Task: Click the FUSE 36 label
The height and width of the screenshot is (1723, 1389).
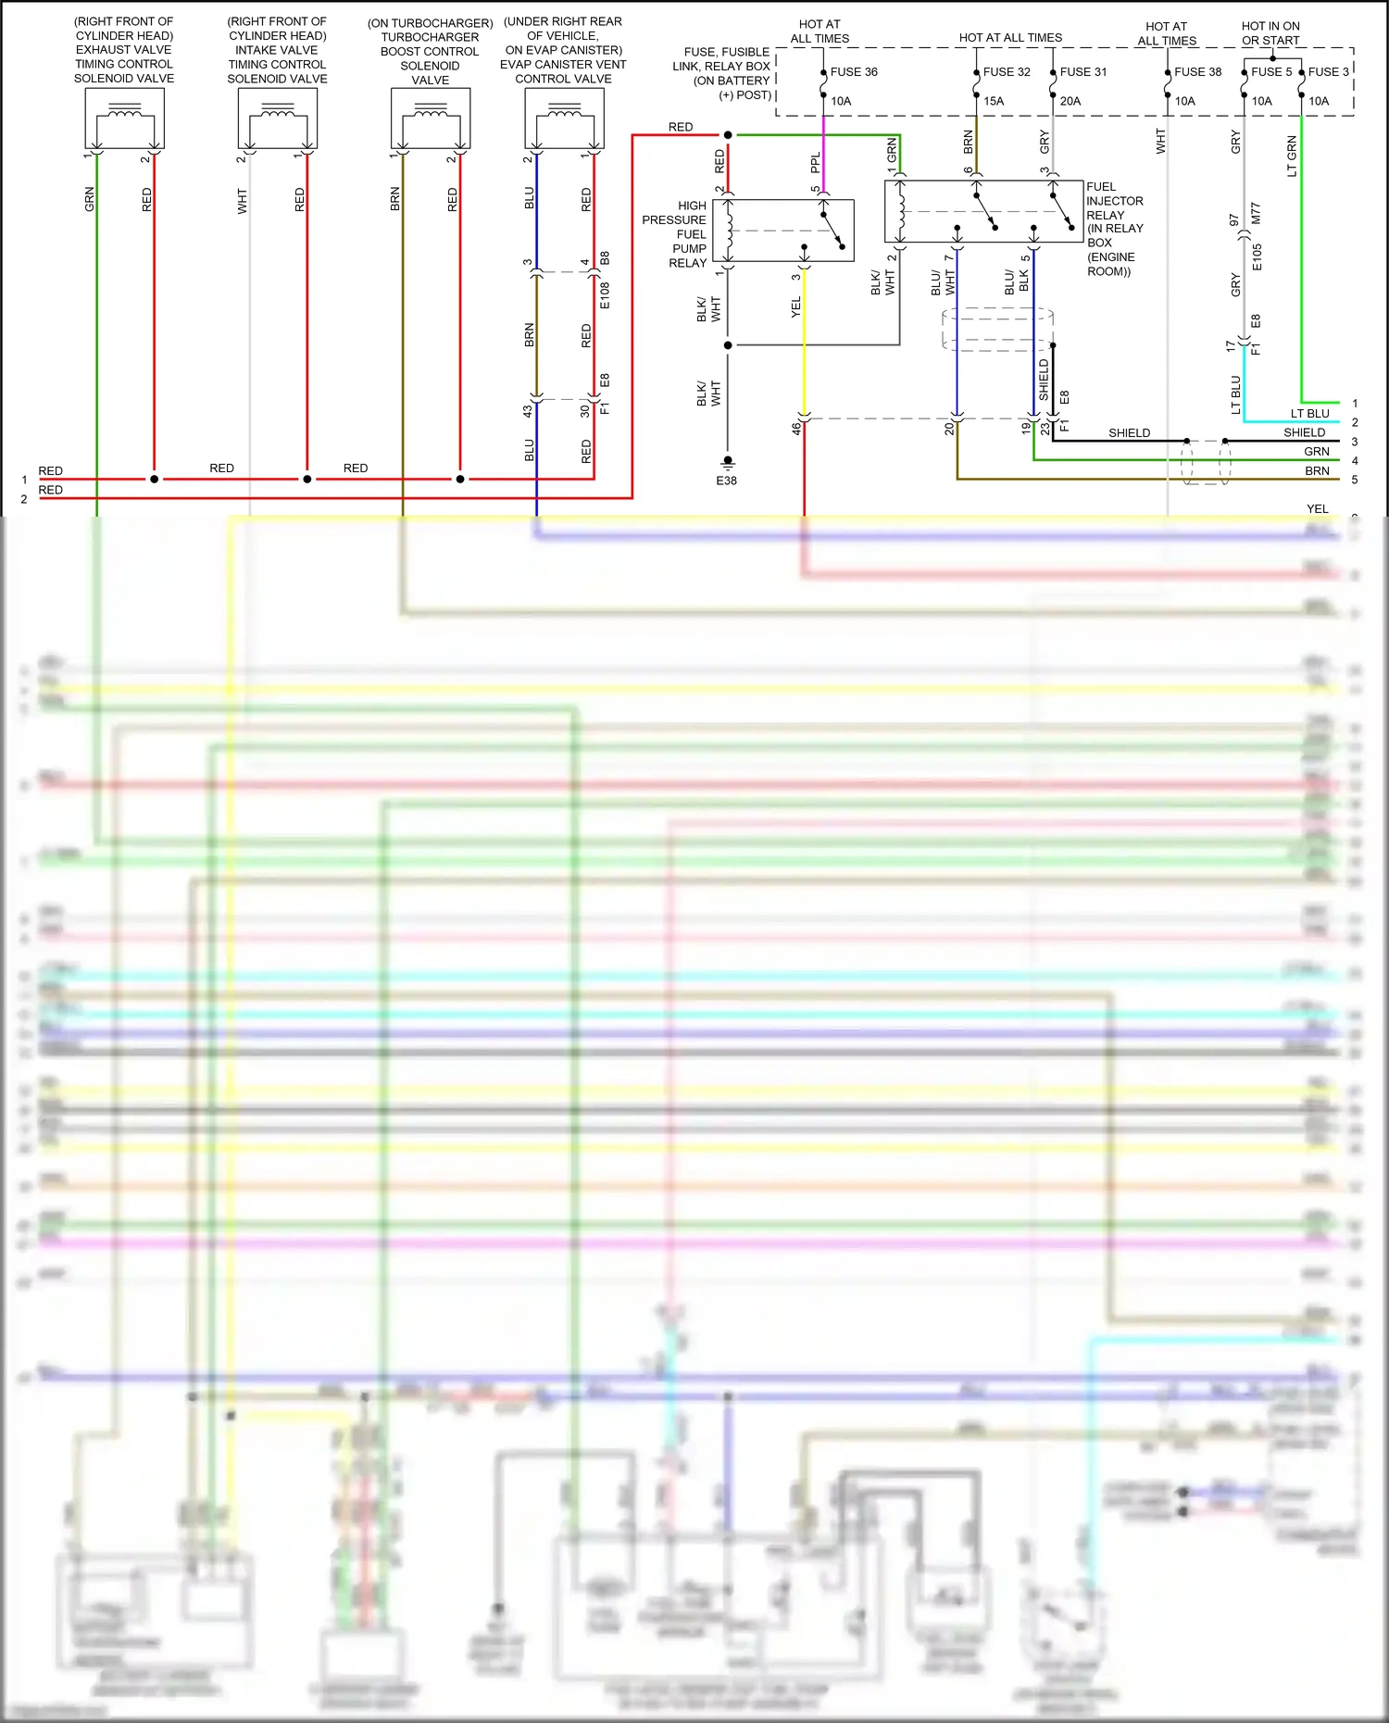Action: (853, 71)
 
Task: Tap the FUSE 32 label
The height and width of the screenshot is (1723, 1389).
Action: (1007, 71)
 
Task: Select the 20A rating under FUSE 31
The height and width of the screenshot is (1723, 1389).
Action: (1070, 101)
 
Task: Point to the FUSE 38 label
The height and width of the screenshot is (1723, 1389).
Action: (1197, 71)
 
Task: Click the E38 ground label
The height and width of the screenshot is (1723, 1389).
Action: (726, 481)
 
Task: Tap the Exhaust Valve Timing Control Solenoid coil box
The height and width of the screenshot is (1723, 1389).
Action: (124, 118)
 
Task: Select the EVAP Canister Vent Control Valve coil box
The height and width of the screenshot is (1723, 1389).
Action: (564, 118)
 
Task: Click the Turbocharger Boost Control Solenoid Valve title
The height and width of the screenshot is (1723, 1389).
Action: (430, 51)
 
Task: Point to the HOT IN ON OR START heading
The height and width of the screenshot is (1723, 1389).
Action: (1270, 33)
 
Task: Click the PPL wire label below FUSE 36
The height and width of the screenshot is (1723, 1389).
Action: (816, 162)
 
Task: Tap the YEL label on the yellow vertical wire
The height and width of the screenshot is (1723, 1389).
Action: (796, 307)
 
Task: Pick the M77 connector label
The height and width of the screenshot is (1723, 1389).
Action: (1256, 213)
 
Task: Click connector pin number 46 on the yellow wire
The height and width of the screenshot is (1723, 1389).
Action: (795, 429)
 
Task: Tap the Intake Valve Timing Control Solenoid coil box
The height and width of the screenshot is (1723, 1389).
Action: (277, 118)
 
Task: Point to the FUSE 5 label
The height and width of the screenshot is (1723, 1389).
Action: (1270, 71)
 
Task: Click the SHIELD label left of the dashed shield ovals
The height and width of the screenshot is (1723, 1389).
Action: (1129, 432)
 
